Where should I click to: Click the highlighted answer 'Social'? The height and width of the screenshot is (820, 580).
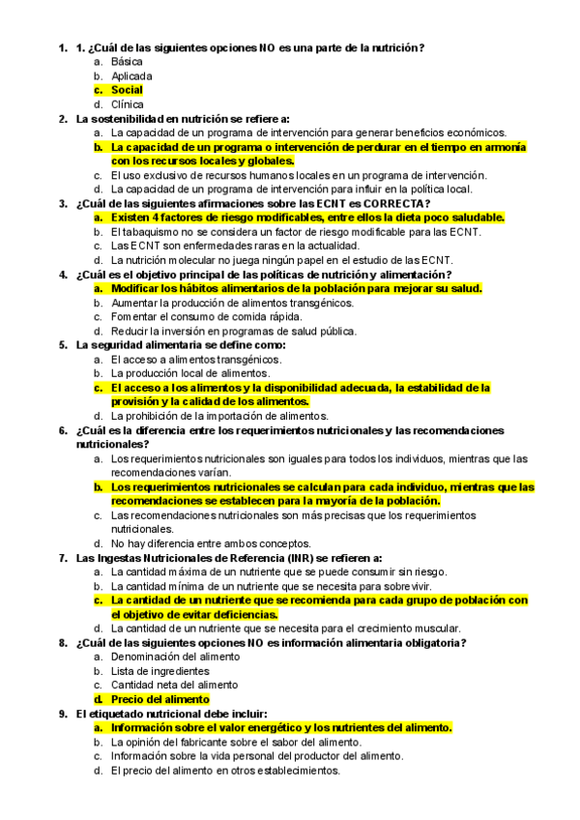127,90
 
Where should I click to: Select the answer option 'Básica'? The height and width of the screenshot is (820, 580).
127,61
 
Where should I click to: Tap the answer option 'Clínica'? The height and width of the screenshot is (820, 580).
128,104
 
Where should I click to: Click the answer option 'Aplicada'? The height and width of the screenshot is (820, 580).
131,75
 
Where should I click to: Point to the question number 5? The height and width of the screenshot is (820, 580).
63,344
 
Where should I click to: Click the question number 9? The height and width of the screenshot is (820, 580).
63,714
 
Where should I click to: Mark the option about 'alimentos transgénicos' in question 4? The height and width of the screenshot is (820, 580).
232,302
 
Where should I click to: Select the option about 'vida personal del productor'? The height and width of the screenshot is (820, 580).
256,756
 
